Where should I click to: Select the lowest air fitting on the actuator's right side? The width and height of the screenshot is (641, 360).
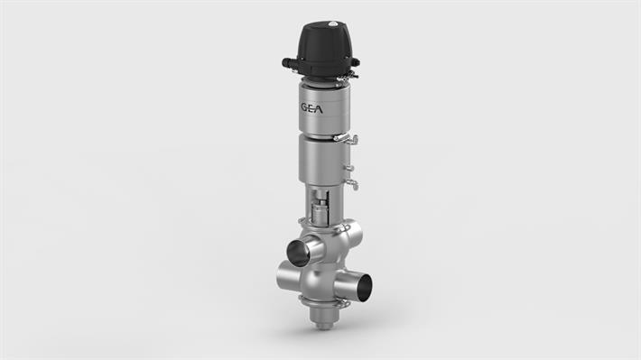(351, 185)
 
